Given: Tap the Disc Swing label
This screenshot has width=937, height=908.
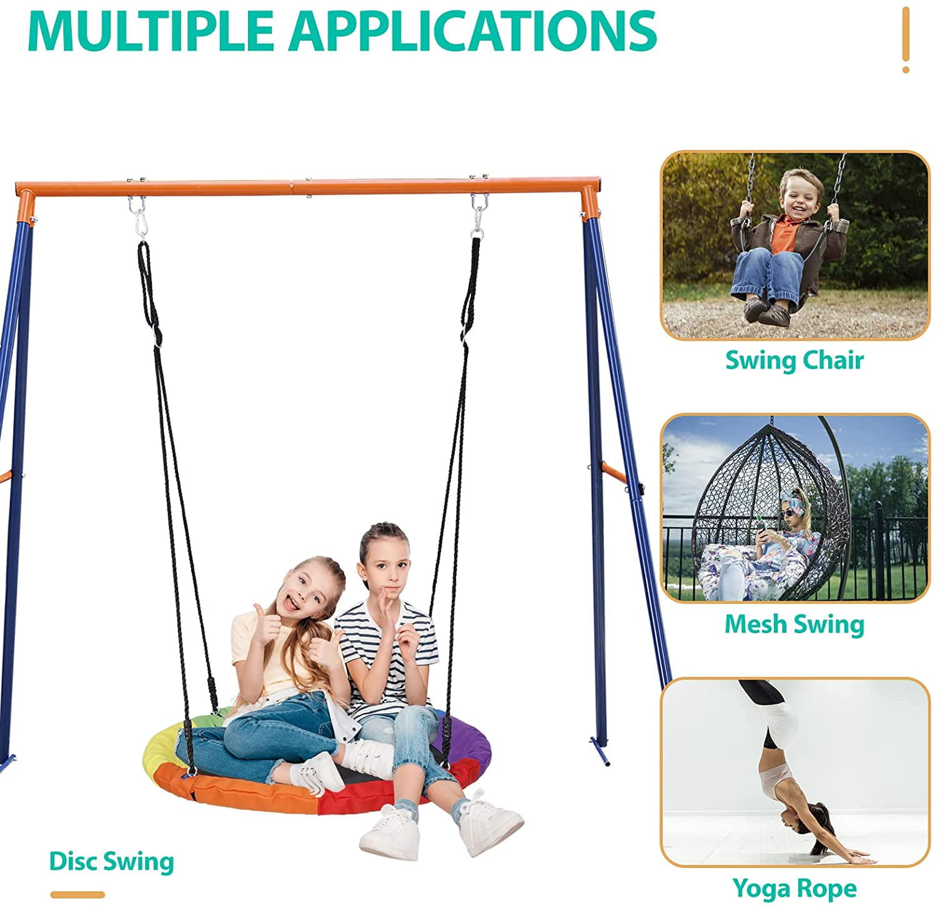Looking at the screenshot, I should (x=111, y=861).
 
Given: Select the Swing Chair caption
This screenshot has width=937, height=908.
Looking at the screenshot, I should (x=794, y=360).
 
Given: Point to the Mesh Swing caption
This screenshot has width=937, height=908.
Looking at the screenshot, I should (x=794, y=624).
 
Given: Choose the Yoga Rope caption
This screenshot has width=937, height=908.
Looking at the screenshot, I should (x=794, y=887).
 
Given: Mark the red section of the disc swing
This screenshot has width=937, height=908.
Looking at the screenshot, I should (x=350, y=799).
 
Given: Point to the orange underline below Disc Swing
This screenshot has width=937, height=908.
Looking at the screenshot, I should (x=77, y=894).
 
